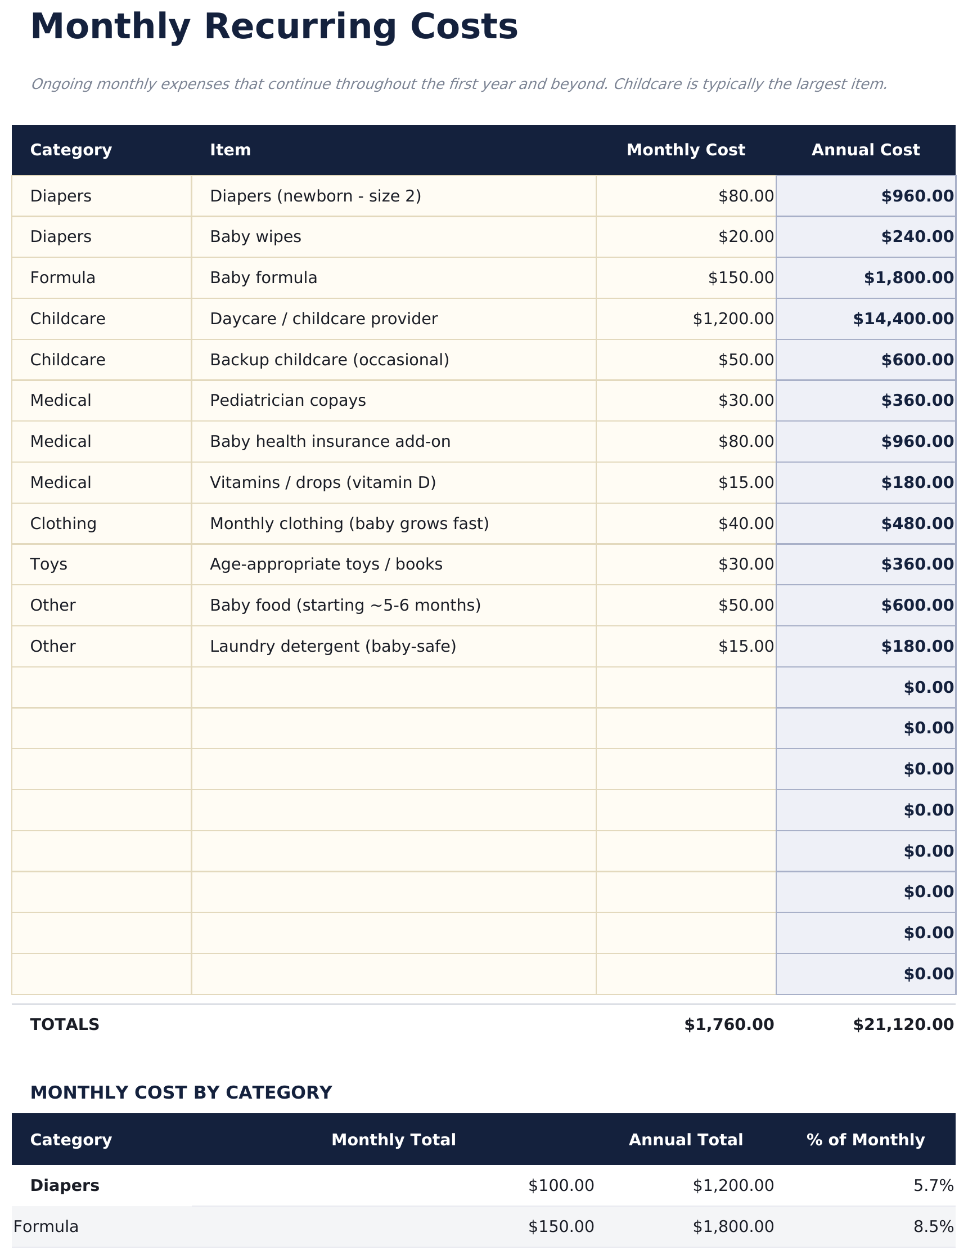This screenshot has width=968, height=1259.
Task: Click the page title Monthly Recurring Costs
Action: click(x=274, y=27)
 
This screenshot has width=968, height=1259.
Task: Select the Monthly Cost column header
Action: click(x=686, y=150)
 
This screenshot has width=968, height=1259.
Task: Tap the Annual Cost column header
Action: click(x=866, y=150)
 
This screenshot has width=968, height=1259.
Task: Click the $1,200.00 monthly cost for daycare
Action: click(x=733, y=319)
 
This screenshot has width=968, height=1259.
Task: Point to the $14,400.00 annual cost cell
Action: click(x=903, y=319)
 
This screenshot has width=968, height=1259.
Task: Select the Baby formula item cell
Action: click(x=263, y=278)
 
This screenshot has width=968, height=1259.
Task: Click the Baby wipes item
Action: click(x=255, y=237)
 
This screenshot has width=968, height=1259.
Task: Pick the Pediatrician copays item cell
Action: click(x=287, y=401)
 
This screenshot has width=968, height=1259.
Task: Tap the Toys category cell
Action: click(x=49, y=564)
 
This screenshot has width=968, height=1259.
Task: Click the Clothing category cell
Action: click(x=64, y=523)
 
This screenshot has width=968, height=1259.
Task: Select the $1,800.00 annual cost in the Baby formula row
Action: click(x=908, y=278)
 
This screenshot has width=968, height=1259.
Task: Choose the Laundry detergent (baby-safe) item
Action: click(x=332, y=646)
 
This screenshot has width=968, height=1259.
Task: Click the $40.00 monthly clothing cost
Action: click(x=746, y=523)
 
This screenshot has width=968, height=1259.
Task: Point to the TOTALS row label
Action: click(x=65, y=1024)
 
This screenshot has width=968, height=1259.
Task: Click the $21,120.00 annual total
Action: click(x=903, y=1024)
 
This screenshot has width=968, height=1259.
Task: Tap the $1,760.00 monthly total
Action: click(x=729, y=1024)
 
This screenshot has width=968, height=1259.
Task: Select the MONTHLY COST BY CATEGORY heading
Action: click(x=181, y=1092)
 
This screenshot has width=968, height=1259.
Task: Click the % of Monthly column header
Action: click(x=866, y=1140)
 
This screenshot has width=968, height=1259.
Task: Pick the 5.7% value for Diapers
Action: click(x=934, y=1185)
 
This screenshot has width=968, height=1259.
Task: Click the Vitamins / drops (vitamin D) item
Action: click(x=323, y=482)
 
